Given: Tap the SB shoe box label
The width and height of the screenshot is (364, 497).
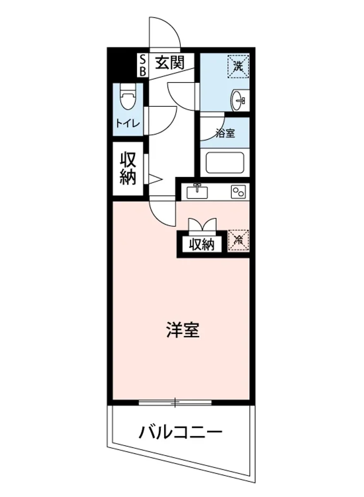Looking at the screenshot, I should [143, 65].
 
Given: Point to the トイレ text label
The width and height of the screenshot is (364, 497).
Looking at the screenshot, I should [128, 123].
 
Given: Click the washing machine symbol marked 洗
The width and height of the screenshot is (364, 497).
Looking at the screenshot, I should [238, 65].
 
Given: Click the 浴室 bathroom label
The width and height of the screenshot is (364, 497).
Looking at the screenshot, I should [225, 133].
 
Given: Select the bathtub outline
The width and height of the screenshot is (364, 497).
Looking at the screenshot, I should [225, 163].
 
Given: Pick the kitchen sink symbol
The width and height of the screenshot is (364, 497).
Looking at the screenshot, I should [198, 191].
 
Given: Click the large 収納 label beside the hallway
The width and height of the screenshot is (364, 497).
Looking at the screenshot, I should [128, 169].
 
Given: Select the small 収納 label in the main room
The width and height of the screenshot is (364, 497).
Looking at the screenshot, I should [202, 245].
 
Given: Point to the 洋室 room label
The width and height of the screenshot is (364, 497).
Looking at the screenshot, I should [182, 330].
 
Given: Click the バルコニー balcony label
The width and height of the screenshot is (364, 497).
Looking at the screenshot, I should [180, 433].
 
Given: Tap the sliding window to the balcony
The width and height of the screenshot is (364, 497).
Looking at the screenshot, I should [175, 401].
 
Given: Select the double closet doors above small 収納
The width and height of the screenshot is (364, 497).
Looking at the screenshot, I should [202, 224].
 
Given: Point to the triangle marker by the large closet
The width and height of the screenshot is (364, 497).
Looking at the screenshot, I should [155, 179].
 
